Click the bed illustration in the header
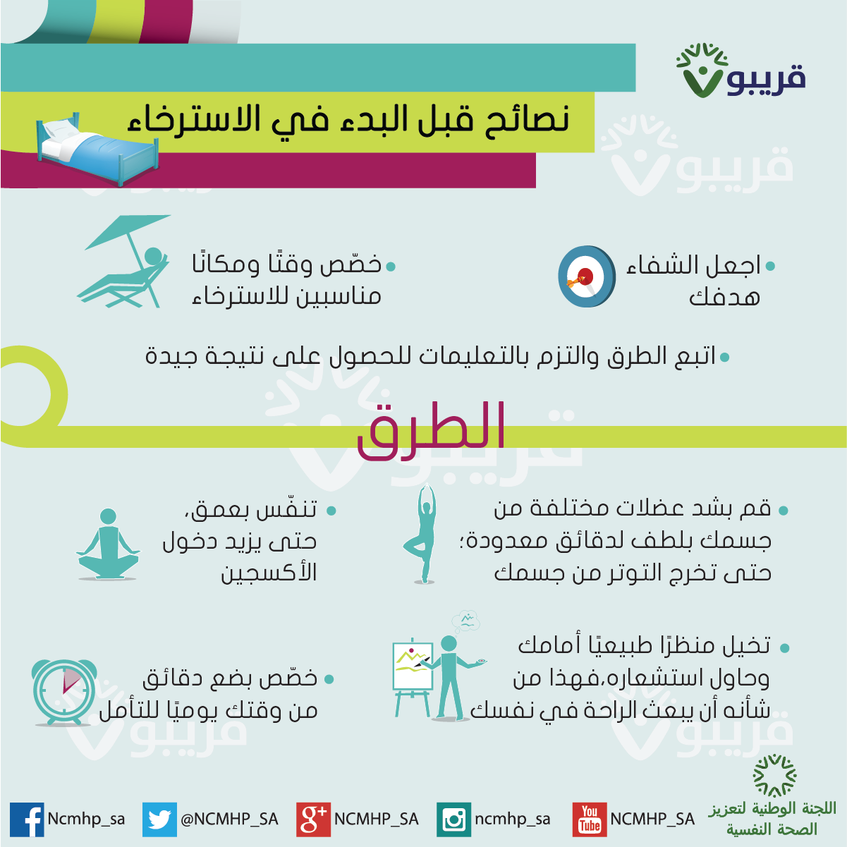tap(97, 148)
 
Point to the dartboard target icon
tap(586, 276)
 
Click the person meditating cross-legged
tap(108, 544)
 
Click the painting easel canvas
tap(413, 666)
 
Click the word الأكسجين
tap(269, 572)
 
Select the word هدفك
tap(724, 297)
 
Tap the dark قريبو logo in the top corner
tap(741, 71)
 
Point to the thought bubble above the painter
tap(466, 621)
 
